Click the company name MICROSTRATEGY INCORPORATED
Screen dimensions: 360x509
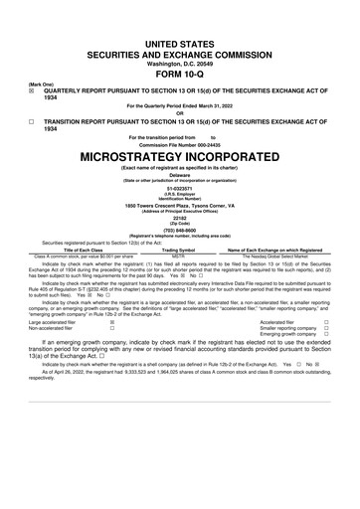coord(179,156)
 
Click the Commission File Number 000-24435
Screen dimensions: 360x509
coord(179,143)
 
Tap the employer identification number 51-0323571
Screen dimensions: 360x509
coord(179,188)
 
